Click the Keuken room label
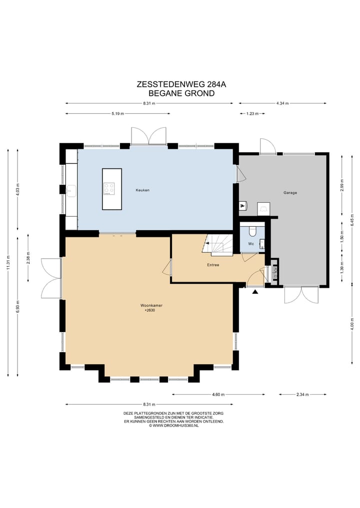142,190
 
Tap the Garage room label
290,193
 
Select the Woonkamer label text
151,306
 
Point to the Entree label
213,265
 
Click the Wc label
251,244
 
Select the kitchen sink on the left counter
70,191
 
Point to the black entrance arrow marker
255,292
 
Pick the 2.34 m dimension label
302,395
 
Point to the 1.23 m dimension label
252,114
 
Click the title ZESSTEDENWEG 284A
181,84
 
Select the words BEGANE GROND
181,93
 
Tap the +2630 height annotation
149,310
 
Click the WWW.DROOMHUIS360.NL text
175,426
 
